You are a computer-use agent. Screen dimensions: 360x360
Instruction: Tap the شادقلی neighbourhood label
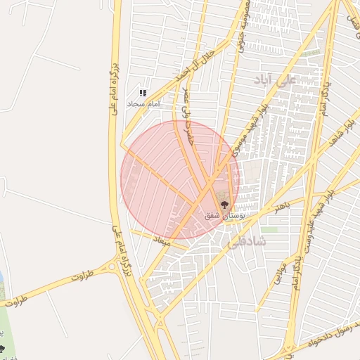[247, 241]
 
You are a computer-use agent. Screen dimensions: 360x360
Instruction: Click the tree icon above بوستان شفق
[224, 205]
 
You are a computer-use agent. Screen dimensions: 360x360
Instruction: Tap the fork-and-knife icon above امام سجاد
[143, 93]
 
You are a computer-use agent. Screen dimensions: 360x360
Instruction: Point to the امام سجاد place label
[143, 103]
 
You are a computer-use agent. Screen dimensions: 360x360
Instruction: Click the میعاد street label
[162, 240]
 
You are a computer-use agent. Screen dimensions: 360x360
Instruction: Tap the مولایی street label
[276, 274]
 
